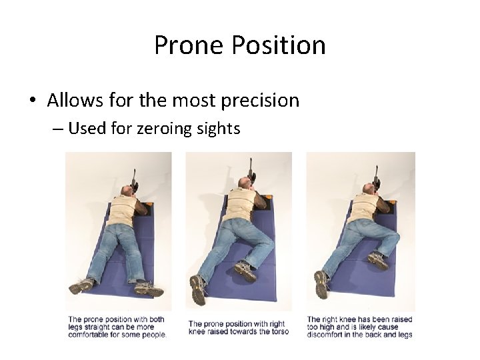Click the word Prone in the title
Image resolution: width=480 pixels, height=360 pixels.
[x=189, y=45]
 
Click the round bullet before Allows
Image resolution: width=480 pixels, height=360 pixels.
[x=32, y=101]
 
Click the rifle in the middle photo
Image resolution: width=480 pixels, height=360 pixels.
[x=252, y=171]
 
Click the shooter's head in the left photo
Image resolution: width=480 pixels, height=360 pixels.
[x=127, y=193]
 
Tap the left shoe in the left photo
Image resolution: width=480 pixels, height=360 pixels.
[x=81, y=286]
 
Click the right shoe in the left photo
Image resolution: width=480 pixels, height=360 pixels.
[x=149, y=289]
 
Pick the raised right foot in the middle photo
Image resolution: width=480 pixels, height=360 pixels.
[x=245, y=270]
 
